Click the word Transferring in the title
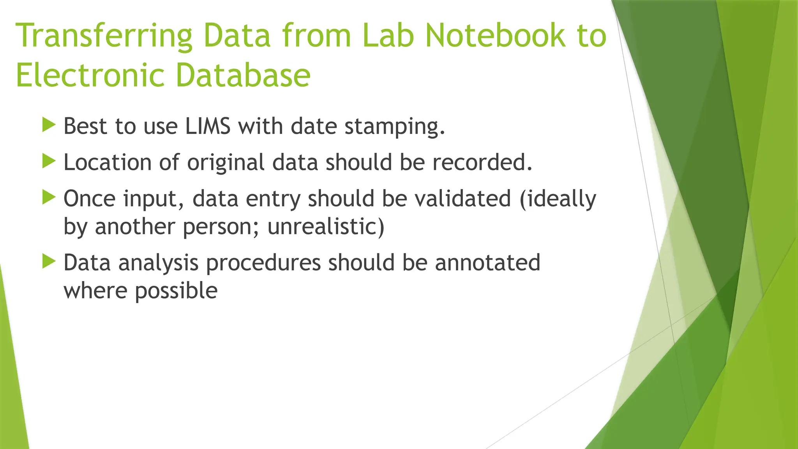(104, 36)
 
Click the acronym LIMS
(208, 126)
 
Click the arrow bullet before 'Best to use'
(49, 125)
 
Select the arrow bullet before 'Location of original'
(49, 161)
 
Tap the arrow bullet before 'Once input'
(49, 197)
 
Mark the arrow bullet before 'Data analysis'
(49, 262)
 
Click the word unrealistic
(326, 226)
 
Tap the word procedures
(263, 263)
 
